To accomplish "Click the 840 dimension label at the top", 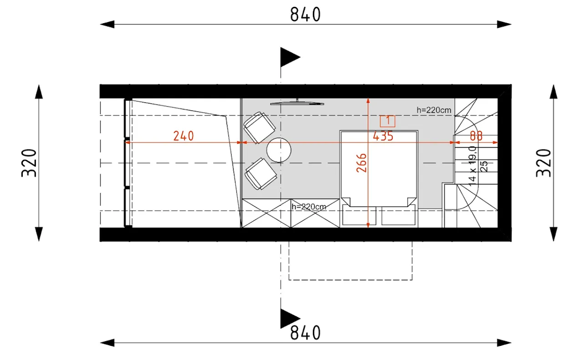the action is click(305, 15).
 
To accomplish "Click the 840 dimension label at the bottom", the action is click(305, 333).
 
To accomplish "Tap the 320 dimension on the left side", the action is click(29, 163).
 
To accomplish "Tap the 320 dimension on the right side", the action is click(543, 163).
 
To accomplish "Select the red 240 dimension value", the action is click(184, 136).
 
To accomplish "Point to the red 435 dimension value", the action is click(383, 136).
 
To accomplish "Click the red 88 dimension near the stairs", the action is click(476, 136).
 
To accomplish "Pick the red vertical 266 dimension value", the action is click(362, 163).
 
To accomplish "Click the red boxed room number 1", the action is click(388, 121).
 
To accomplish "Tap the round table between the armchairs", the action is click(279, 150).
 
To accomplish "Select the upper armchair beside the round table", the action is click(260, 127).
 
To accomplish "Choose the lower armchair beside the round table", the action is click(261, 174).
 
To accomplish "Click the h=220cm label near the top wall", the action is click(434, 110).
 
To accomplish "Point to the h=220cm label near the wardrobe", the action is click(309, 207).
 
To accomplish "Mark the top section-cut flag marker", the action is click(290, 57).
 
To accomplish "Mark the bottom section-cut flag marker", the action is click(290, 319).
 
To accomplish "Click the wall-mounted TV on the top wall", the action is click(297, 103).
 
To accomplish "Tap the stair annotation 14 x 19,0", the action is click(472, 166).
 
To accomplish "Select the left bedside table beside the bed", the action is click(359, 215).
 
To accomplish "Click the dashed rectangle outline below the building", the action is click(350, 280).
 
